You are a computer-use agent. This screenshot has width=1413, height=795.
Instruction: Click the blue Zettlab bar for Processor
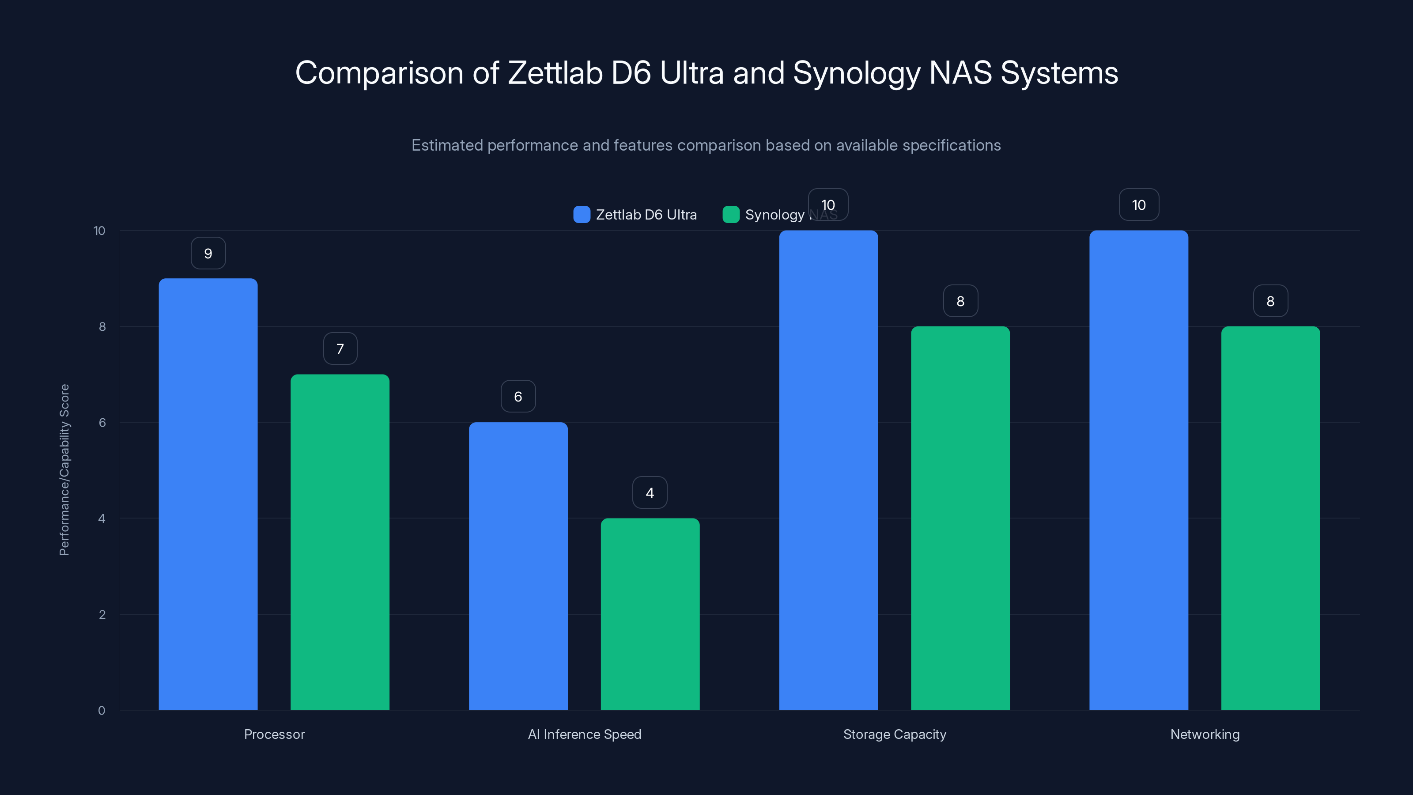[x=208, y=494]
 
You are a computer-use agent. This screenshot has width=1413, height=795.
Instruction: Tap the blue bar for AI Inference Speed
[x=518, y=566]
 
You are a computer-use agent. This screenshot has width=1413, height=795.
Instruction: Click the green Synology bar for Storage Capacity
[x=960, y=518]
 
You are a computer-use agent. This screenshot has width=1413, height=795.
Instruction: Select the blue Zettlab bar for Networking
[x=1138, y=469]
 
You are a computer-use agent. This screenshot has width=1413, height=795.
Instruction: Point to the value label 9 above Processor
[x=208, y=254]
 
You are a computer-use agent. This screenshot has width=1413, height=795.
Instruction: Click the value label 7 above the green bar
[x=340, y=349]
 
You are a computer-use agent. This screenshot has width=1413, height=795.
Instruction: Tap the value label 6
[x=518, y=397]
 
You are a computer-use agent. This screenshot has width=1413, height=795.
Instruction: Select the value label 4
[x=650, y=493]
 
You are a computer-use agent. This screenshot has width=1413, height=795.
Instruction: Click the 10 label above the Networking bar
[x=1139, y=205]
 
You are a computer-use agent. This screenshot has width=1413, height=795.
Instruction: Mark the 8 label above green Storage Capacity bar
[x=960, y=301]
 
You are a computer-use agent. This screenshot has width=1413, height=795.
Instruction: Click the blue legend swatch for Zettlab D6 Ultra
[x=582, y=215]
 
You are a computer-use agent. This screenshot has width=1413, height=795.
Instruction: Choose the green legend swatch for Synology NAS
[x=731, y=215]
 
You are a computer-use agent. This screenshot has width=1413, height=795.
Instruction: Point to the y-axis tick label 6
[x=102, y=423]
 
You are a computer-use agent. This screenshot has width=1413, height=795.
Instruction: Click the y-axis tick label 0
[x=102, y=711]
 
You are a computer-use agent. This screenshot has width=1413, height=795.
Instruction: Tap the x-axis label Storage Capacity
[x=894, y=734]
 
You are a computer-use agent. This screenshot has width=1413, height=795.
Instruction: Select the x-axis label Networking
[x=1205, y=734]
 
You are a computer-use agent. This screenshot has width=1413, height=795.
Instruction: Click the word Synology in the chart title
[x=856, y=73]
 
